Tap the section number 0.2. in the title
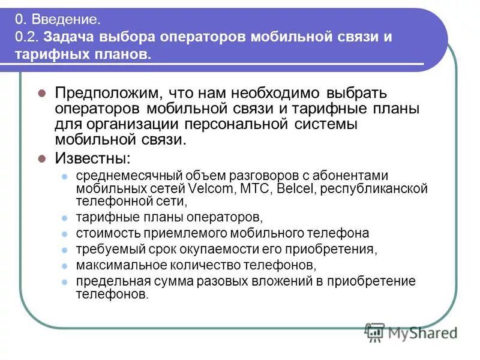(x=28, y=37)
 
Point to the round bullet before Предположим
(x=42, y=94)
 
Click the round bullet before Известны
(x=42, y=159)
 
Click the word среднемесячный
(x=119, y=176)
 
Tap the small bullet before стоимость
(x=65, y=233)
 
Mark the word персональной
(x=251, y=125)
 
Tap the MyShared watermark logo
(x=411, y=332)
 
